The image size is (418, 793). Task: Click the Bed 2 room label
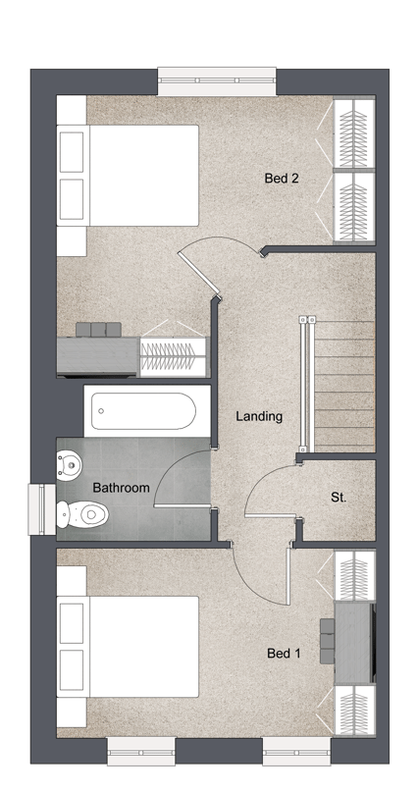click(282, 178)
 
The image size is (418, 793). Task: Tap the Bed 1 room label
click(284, 654)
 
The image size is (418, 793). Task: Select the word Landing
click(259, 417)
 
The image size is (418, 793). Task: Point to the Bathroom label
click(122, 488)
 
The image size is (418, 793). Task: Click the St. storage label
click(339, 498)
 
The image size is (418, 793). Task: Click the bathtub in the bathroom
click(146, 411)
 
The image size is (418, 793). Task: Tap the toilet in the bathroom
click(82, 514)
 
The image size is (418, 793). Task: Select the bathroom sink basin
click(70, 465)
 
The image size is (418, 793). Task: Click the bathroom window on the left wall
click(41, 509)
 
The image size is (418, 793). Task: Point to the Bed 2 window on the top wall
click(217, 80)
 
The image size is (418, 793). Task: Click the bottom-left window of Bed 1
click(141, 751)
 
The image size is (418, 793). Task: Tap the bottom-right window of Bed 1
click(296, 751)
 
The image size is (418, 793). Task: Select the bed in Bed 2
click(128, 176)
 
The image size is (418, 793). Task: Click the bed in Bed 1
click(128, 647)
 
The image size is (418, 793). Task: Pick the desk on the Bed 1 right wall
click(355, 642)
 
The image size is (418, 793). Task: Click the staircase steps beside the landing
click(344, 386)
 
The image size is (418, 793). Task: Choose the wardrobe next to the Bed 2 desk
click(174, 356)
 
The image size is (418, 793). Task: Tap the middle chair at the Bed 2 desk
click(98, 329)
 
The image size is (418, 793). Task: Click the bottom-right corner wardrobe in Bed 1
click(355, 709)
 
